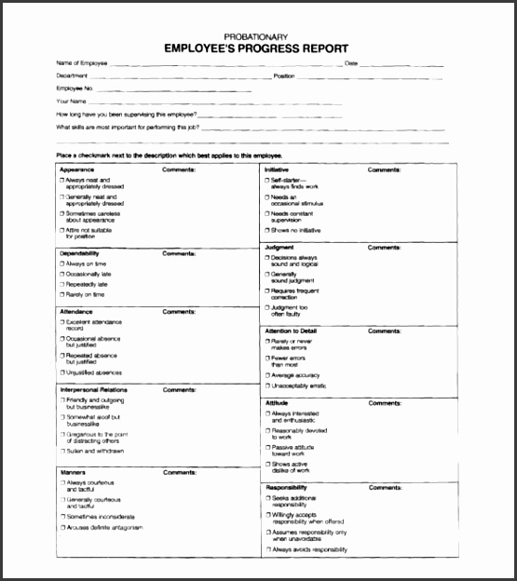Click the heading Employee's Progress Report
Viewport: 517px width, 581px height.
[257, 48]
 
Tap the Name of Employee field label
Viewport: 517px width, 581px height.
[82, 63]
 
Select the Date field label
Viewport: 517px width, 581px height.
[351, 63]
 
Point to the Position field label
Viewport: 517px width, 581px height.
[285, 75]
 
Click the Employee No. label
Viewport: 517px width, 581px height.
[75, 88]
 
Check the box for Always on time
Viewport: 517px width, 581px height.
[62, 264]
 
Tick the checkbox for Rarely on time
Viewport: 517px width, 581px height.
[62, 294]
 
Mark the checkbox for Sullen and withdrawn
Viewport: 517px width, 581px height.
[62, 451]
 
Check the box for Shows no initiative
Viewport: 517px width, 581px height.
[267, 229]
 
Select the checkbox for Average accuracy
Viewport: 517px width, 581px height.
[267, 374]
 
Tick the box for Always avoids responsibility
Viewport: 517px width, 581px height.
[267, 549]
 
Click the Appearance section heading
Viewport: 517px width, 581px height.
[77, 169]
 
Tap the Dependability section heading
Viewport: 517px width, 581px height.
[80, 252]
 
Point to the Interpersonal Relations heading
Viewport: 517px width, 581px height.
[94, 389]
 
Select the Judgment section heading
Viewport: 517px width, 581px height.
[279, 247]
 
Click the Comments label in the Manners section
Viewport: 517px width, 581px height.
[179, 472]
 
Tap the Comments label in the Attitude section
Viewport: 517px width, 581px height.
[384, 402]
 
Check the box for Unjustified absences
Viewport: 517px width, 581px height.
[62, 372]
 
